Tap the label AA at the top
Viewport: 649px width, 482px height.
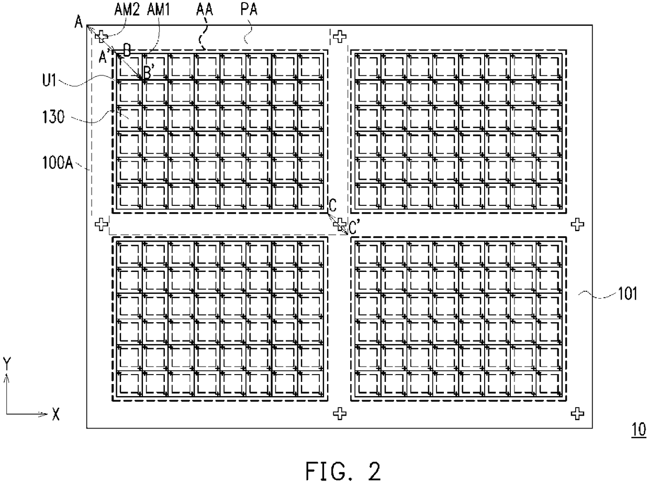(x=204, y=9)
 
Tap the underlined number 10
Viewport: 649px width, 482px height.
(x=638, y=430)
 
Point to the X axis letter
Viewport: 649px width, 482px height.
(x=55, y=415)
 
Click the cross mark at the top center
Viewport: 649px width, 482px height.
(x=340, y=36)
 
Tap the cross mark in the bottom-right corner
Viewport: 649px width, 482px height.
(x=577, y=413)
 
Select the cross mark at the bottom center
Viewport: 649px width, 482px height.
(x=340, y=413)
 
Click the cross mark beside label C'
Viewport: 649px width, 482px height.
(x=340, y=224)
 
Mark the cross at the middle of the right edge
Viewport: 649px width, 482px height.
(x=577, y=224)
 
